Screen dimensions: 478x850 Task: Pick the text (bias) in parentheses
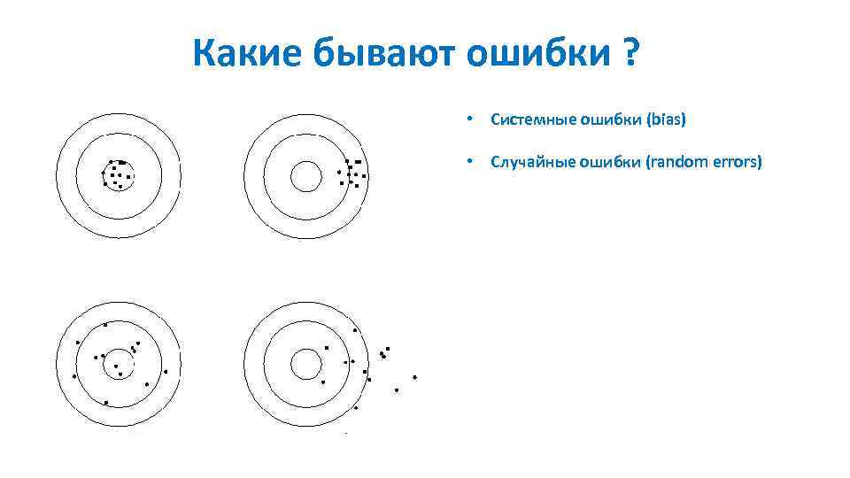pos(667,119)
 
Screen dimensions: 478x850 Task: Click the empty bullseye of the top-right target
pos(306,176)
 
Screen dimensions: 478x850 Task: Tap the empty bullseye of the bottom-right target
pos(306,364)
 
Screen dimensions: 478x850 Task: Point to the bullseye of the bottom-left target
pos(117,364)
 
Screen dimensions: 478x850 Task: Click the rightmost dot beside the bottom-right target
pos(414,377)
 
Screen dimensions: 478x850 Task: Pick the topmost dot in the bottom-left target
pos(105,325)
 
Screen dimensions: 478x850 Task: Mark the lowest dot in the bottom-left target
pos(106,403)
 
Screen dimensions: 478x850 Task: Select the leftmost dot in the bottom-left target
pos(74,376)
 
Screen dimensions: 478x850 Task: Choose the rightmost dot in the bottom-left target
pos(165,372)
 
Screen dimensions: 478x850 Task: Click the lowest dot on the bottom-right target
pos(356,408)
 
